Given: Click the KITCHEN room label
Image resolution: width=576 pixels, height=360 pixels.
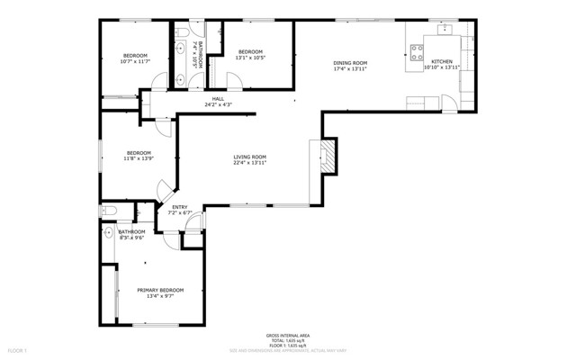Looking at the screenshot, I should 442,61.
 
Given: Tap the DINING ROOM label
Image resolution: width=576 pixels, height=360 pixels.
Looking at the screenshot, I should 351,61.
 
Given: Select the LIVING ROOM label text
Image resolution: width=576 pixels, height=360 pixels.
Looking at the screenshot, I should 249,157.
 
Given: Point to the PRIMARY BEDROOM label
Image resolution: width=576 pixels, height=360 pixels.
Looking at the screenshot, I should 160,289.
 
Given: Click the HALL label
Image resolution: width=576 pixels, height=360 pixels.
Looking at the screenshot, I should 218,99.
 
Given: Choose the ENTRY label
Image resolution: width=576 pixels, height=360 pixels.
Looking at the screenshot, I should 180,208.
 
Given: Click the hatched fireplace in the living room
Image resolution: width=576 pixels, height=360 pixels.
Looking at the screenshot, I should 328,156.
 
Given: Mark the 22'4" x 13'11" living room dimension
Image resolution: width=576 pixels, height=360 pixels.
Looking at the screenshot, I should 249,163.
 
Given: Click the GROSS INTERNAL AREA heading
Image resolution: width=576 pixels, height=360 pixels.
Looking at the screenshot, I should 288,333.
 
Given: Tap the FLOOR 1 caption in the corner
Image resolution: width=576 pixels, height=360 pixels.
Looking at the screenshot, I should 18,349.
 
